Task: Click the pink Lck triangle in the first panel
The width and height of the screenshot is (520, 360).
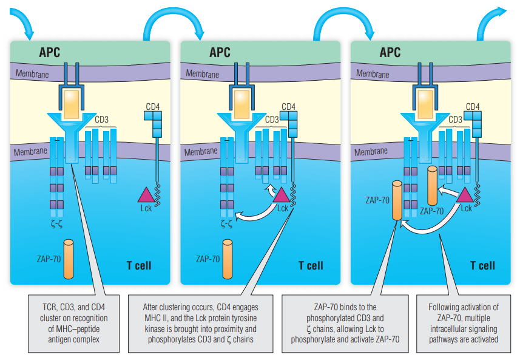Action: (147, 195)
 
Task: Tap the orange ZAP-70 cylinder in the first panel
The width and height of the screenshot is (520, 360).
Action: (68, 259)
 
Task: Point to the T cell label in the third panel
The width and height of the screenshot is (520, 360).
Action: (482, 265)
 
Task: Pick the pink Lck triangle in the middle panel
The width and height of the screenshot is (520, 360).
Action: (282, 194)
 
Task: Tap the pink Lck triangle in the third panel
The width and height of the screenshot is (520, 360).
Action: (465, 194)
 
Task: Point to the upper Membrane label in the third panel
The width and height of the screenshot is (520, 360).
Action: (373, 74)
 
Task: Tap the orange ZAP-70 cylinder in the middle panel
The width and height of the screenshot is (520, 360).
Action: (228, 259)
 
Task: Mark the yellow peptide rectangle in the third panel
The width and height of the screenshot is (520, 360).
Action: (425, 101)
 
